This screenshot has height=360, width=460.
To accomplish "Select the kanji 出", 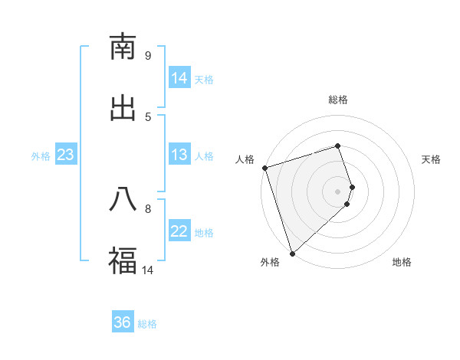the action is click(x=123, y=108).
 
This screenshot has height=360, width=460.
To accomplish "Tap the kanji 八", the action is click(x=123, y=199).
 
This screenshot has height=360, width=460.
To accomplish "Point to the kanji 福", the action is click(x=123, y=260).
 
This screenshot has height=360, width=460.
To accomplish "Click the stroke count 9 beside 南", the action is click(x=148, y=55).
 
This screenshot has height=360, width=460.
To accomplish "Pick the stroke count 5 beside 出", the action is click(x=148, y=116).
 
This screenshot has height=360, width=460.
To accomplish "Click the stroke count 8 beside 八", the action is click(x=148, y=208).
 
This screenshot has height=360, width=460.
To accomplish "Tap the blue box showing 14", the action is click(x=179, y=78).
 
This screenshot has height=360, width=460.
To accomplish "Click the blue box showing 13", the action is click(x=179, y=155).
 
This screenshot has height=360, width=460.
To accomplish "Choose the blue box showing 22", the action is click(x=179, y=231).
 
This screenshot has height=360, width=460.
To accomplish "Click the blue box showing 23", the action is click(x=66, y=155).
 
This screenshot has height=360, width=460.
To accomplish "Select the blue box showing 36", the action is click(x=123, y=322).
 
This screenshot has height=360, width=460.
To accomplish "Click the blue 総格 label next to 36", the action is click(x=147, y=324).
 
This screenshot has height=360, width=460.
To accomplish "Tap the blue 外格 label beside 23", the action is click(x=41, y=156).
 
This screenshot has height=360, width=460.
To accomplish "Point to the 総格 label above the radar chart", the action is click(x=337, y=100).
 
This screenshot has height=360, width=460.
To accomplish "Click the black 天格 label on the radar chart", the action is click(x=431, y=159).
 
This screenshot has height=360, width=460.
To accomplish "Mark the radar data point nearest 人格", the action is click(x=264, y=168).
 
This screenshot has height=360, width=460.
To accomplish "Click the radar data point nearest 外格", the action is click(x=292, y=253).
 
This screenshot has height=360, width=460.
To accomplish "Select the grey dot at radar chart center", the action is click(x=337, y=191).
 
